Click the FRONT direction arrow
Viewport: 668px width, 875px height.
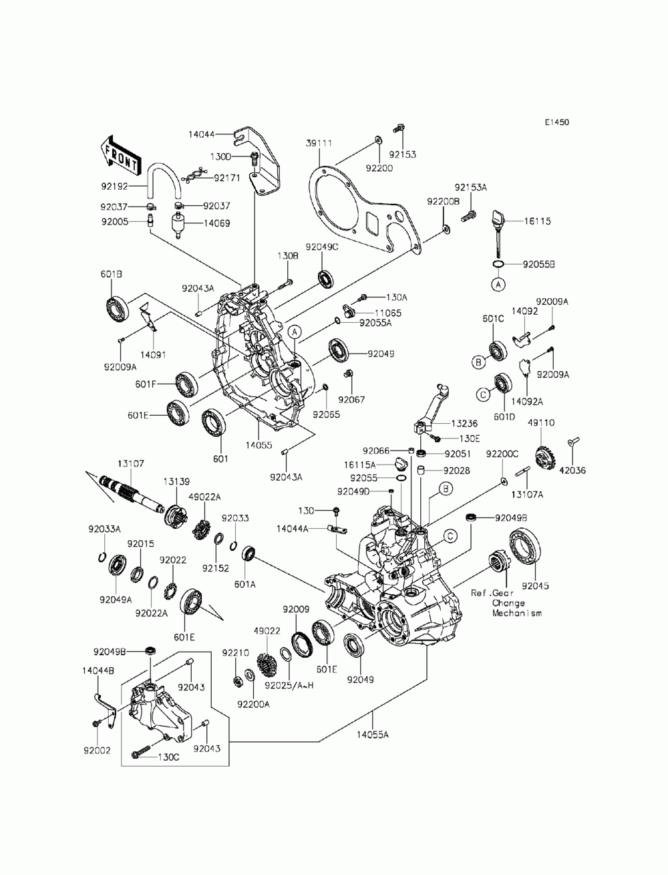coord(119,156)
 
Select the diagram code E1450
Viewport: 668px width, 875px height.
coord(556,122)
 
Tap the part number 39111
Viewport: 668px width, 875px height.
coord(319,143)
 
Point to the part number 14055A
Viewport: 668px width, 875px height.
coord(372,734)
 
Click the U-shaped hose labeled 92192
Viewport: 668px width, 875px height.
coord(164,181)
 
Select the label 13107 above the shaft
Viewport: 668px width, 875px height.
coord(131,464)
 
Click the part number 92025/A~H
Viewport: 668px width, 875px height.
coord(289,685)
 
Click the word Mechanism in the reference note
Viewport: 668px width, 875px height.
coord(517,614)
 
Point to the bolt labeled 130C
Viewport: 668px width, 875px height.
coord(141,752)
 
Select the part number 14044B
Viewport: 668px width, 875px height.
coord(98,670)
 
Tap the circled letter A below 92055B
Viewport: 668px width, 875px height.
coord(498,285)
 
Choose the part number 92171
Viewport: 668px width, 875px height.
coord(227,178)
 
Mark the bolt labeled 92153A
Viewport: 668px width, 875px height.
coord(469,217)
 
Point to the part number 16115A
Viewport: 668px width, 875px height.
coord(359,465)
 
